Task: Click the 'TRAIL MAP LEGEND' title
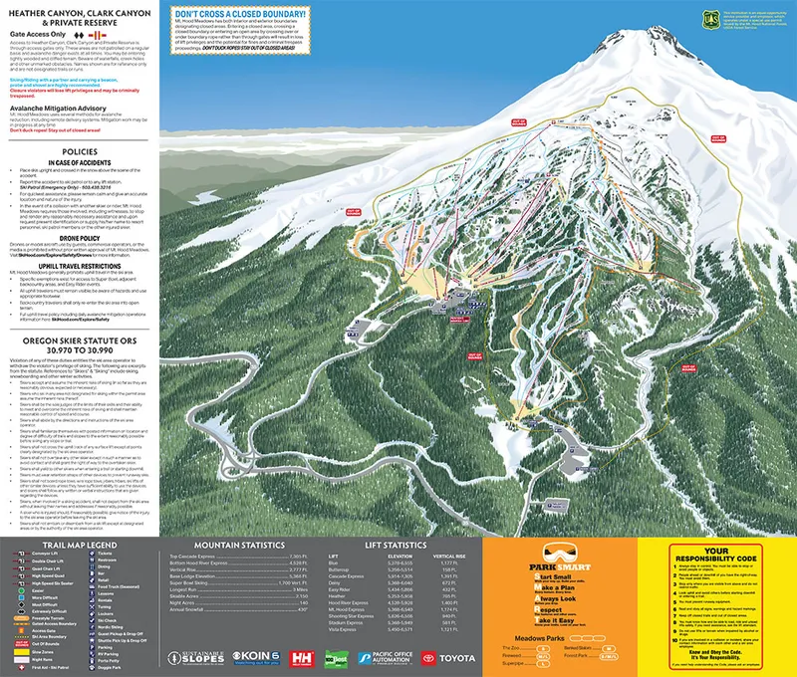(x=79, y=546)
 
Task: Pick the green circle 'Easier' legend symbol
(x=20, y=591)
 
